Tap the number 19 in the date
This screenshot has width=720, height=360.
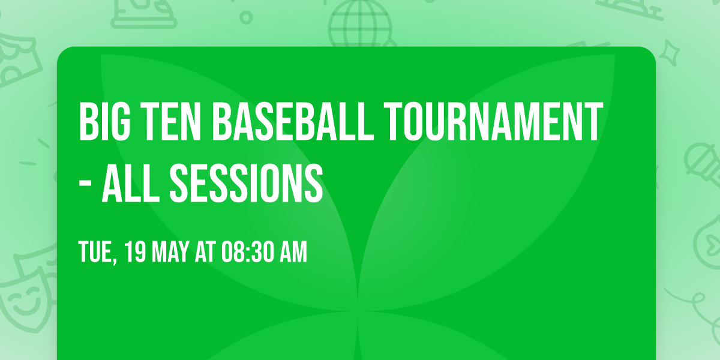[x=135, y=253]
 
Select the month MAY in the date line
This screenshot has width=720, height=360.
[x=170, y=253]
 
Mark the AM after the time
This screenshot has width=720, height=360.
[x=293, y=253]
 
